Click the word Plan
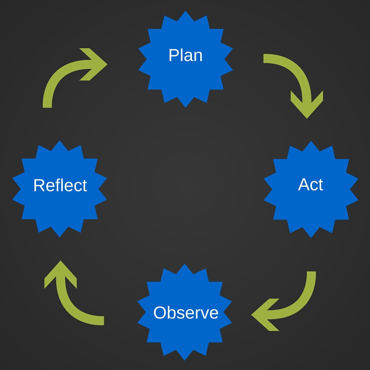185,55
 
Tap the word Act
310,184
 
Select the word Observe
185,313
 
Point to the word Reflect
60,185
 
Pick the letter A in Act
303,184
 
